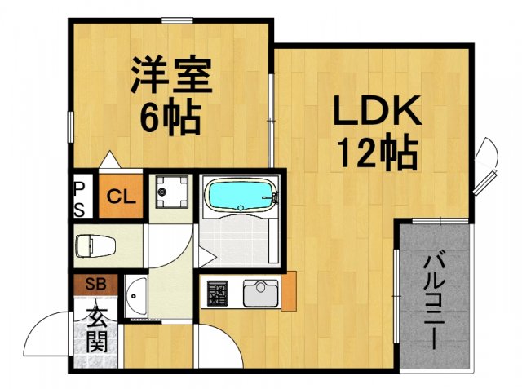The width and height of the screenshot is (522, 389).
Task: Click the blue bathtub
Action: click(241, 196)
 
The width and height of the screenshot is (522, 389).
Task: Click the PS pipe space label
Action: click(80, 197)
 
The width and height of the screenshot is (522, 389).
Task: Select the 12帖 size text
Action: click(375, 153)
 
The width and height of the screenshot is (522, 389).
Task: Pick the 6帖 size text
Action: click(171, 120)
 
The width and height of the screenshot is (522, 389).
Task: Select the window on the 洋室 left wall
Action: click(69, 127)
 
